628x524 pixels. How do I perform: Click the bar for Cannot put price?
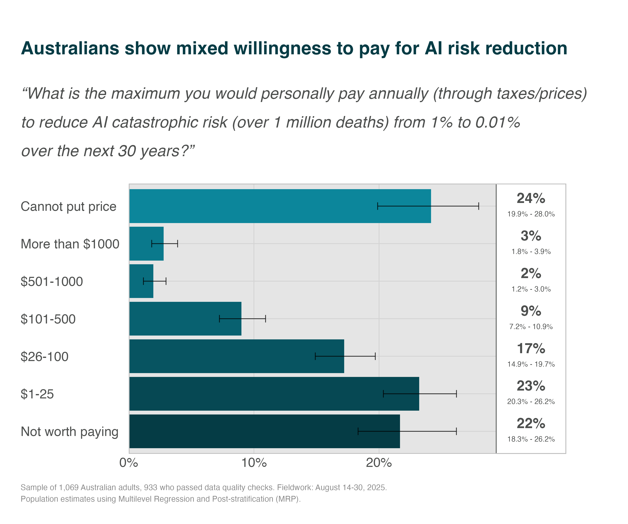[x=280, y=206]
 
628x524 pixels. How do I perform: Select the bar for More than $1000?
[x=146, y=243]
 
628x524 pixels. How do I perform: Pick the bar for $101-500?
[x=185, y=319]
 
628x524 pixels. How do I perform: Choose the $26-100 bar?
[x=237, y=356]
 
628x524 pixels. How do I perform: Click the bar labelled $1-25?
[x=274, y=394]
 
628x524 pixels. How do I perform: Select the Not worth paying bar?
[x=264, y=431]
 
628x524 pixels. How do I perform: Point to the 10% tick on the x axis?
[x=254, y=463]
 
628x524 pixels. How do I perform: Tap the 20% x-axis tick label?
[x=379, y=463]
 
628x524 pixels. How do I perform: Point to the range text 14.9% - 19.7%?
[x=531, y=364]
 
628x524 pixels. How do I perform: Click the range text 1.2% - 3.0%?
[x=531, y=289]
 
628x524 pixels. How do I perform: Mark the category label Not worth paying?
[x=69, y=431]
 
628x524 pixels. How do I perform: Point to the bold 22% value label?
[x=531, y=423]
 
